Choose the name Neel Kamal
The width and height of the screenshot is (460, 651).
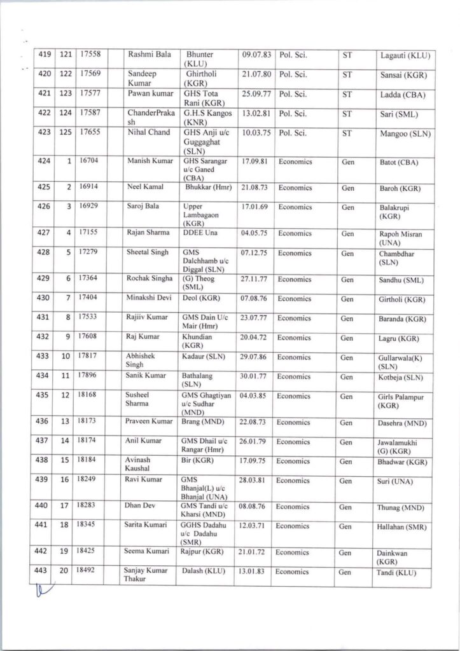click(143, 188)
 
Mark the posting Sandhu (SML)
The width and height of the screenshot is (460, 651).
click(401, 280)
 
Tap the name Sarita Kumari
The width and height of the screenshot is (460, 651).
click(148, 526)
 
